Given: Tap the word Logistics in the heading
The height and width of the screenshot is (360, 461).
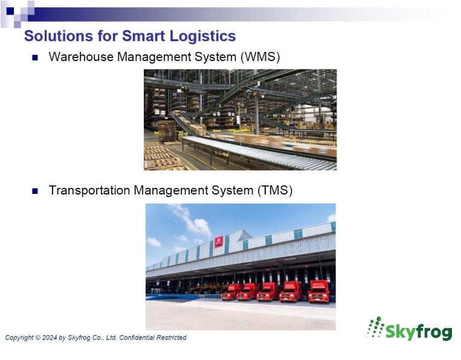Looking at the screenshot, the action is point(202,36).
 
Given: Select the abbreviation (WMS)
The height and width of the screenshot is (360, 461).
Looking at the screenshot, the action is point(260,57).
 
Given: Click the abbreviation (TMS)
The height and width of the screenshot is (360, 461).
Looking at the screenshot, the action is point(275,190).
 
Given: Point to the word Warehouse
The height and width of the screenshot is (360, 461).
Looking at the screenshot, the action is point(81,57).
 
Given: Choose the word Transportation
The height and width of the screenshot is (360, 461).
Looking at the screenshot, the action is point(89,190).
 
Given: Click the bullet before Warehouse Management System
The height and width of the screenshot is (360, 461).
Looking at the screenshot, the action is point(35,57).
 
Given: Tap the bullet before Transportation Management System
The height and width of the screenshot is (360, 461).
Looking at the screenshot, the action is point(35,191).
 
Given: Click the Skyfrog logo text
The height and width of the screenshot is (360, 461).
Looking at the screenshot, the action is point(418,332).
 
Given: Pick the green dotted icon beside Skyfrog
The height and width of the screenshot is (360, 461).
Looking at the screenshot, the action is point(375,327).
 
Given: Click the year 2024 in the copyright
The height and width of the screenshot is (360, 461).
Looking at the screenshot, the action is point(50,338).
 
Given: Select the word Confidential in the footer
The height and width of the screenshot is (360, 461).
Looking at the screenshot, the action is point(137,338).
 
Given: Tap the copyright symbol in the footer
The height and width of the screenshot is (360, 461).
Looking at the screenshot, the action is point(38,338).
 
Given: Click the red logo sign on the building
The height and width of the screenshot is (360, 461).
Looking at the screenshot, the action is point(219,242).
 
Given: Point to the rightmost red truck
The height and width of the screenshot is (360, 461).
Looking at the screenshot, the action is point(319,292).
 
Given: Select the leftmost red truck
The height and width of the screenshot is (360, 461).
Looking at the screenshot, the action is point(231,292).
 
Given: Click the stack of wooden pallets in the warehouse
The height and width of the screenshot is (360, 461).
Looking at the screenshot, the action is point(167,132).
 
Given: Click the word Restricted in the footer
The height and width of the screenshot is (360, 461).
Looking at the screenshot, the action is point(172,338).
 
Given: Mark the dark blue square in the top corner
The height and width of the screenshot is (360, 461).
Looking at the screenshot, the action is point(10,11).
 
